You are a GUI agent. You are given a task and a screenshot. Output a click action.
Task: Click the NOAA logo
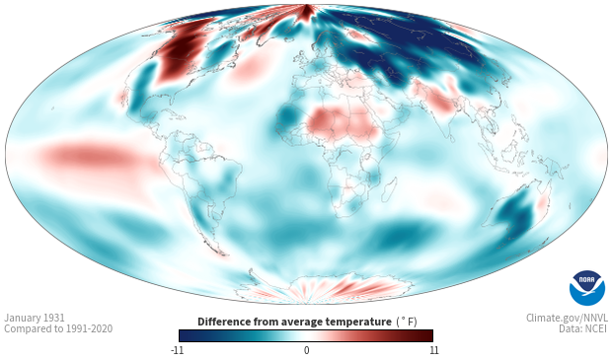(x=586, y=288)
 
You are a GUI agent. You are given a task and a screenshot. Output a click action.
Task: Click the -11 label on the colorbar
(x=178, y=350)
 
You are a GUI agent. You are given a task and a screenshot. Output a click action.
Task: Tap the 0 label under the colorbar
(x=306, y=350)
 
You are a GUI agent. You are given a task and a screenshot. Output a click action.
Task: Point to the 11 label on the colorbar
(x=434, y=350)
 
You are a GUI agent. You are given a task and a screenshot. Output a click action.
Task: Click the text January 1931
(x=35, y=318)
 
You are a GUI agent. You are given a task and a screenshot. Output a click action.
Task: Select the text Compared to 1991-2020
(x=58, y=328)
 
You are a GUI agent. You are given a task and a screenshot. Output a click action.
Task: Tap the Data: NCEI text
(x=583, y=328)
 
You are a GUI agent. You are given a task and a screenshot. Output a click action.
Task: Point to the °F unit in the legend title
(x=407, y=322)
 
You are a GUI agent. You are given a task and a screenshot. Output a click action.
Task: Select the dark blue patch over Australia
(x=516, y=215)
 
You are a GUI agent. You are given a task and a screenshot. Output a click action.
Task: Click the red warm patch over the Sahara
(x=344, y=123)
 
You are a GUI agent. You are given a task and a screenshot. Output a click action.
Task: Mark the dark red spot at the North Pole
(x=306, y=12)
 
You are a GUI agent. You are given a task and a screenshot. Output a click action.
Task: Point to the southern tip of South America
(x=222, y=253)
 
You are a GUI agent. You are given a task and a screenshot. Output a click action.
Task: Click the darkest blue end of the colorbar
(x=183, y=335)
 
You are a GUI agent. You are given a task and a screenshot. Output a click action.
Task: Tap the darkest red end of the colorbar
(x=429, y=335)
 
